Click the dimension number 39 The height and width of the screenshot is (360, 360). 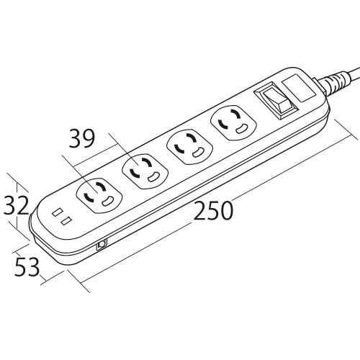tap(82, 138)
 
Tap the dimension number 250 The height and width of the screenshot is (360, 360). tap(213, 211)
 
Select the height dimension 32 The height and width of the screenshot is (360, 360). tap(16, 205)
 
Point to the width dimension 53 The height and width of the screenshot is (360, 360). tap(27, 266)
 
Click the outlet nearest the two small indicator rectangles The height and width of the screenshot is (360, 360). tap(99, 196)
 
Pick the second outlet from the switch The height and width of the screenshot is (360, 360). tap(189, 146)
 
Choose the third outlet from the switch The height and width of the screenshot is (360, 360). tap(145, 171)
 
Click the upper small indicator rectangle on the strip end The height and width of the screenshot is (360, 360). tap(58, 212)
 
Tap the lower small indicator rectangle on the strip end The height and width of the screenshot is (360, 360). tap(66, 221)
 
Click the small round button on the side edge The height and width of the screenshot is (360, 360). tap(102, 244)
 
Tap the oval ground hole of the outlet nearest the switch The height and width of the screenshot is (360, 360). tap(241, 128)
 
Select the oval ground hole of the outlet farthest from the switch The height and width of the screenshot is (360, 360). tap(107, 201)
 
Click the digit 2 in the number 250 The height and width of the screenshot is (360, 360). tap(200, 211)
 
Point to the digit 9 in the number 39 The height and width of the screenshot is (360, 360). tap(89, 138)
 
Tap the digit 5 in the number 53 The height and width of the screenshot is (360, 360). tap(20, 266)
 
